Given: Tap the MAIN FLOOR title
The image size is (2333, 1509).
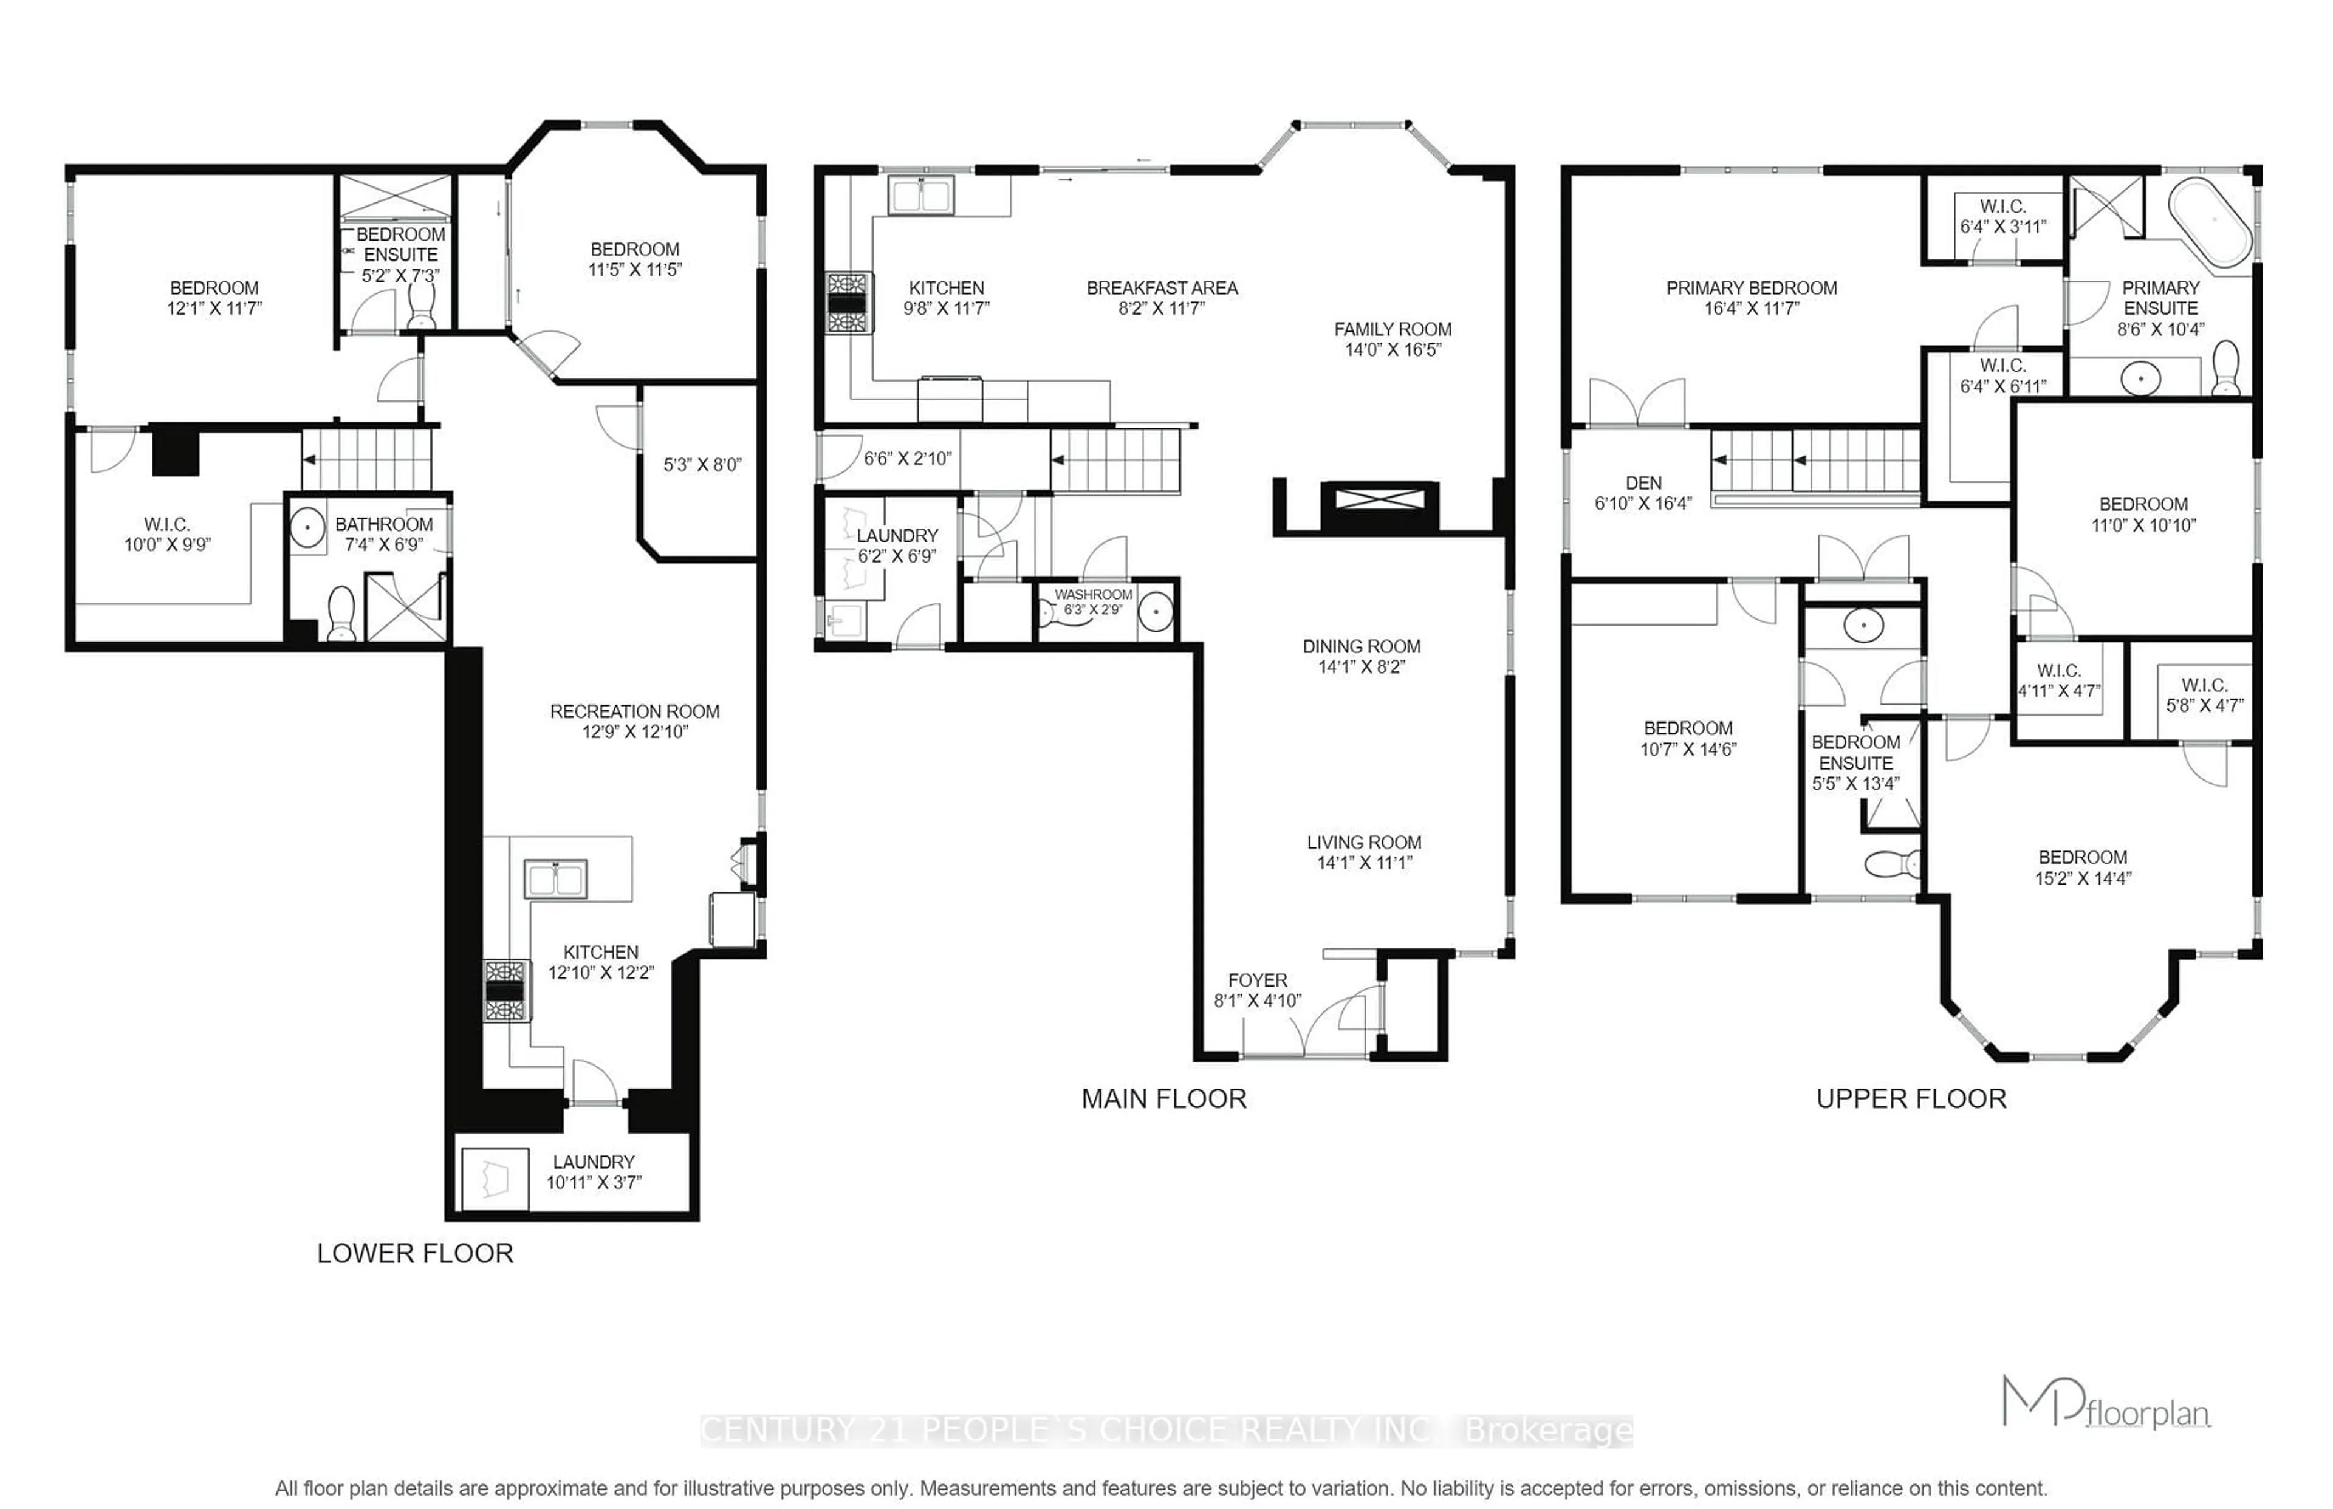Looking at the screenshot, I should click(1163, 1098).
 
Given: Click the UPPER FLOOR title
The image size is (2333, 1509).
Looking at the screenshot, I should click(1911, 1098).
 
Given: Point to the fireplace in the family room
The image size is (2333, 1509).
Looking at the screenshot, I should click(1380, 501).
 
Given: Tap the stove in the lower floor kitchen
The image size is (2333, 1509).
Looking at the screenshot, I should click(505, 991).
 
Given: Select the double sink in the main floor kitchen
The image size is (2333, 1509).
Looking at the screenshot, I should click(920, 195).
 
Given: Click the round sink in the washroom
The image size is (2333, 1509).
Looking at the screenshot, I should click(1156, 612).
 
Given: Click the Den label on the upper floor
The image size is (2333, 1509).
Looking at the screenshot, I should click(1643, 483).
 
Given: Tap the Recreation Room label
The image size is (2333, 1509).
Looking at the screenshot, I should click(634, 711).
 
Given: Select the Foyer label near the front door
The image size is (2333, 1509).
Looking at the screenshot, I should click(1257, 980).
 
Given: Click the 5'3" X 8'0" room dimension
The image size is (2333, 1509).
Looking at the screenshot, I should click(702, 465).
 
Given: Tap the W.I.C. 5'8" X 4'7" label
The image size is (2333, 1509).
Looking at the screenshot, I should click(2204, 696).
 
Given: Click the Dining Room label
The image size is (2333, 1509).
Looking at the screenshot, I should click(1361, 647).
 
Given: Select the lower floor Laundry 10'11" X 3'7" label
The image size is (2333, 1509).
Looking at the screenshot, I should click(593, 1172).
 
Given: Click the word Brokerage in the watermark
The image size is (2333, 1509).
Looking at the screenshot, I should click(1547, 1431).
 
